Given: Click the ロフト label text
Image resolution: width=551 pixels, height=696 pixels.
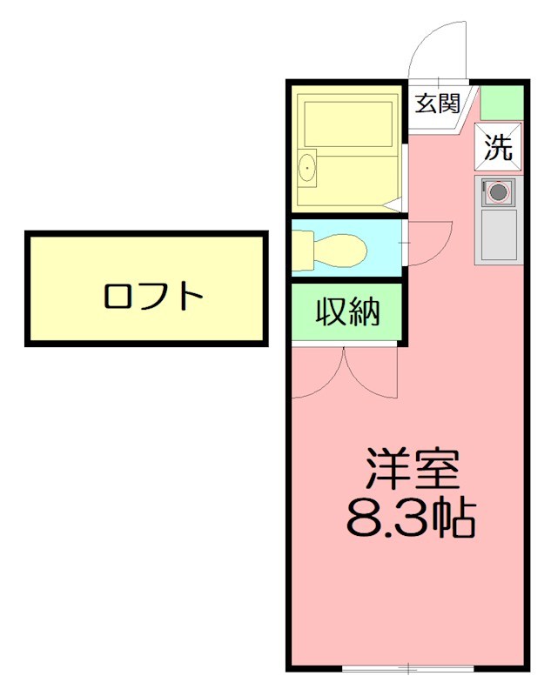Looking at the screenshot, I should [x=153, y=298].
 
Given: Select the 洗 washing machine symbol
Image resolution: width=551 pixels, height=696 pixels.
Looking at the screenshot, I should [x=499, y=149].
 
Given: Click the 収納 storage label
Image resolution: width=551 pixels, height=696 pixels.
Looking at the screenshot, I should [x=346, y=311].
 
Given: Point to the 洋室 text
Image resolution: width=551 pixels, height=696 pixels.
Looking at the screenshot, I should [x=411, y=471].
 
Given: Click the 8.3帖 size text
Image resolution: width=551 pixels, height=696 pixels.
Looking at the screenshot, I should [x=411, y=519].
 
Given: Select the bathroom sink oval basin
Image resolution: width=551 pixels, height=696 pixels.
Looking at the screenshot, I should [x=307, y=168].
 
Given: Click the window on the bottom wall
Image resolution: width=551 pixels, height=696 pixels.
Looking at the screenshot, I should [x=407, y=668].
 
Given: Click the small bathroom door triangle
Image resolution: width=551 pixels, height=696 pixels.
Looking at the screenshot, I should [x=393, y=205].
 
